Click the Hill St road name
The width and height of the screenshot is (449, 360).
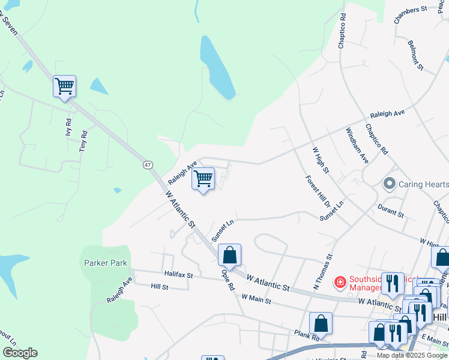(160, 287)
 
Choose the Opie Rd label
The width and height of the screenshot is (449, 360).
(228, 279)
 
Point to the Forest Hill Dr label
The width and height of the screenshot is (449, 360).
(315, 192)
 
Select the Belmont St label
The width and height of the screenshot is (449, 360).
(415, 54)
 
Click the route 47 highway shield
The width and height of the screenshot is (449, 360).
(147, 164)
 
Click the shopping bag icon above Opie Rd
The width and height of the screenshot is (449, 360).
(229, 255)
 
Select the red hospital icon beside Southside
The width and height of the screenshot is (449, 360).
(339, 280)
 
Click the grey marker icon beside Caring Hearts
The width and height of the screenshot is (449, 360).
(389, 184)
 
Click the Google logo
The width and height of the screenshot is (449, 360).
(20, 353)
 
